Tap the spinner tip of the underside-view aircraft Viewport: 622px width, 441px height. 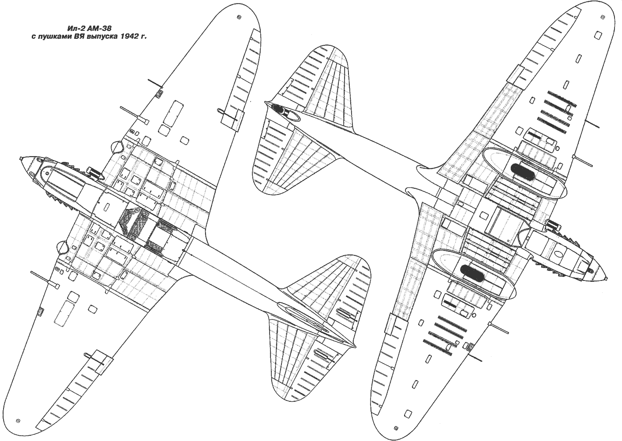tap(607, 277)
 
